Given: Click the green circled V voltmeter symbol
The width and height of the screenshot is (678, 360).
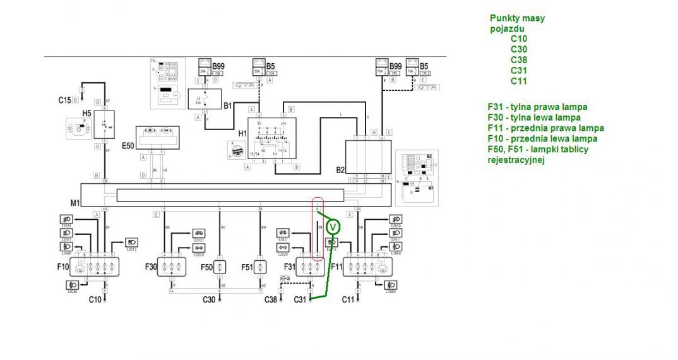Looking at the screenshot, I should pyautogui.click(x=333, y=226).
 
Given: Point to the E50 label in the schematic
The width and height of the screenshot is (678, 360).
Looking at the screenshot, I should pyautogui.click(x=128, y=145).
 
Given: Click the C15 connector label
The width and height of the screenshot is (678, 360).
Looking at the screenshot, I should pyautogui.click(x=64, y=100).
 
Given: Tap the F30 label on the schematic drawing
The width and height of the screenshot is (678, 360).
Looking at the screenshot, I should pyautogui.click(x=150, y=267).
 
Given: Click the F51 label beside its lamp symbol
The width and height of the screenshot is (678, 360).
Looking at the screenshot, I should pyautogui.click(x=247, y=267).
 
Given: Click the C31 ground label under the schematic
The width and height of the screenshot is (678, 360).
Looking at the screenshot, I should pyautogui.click(x=301, y=299).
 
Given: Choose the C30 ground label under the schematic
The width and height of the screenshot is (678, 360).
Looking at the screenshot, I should pyautogui.click(x=210, y=299).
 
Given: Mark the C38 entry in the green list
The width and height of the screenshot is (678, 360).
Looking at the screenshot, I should pyautogui.click(x=519, y=60).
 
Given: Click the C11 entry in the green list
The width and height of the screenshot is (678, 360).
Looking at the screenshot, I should pyautogui.click(x=519, y=81).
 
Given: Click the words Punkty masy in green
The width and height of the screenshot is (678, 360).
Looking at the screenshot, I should pyautogui.click(x=517, y=18).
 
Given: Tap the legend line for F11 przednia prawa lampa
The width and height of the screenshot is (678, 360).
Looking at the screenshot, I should pyautogui.click(x=545, y=128).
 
